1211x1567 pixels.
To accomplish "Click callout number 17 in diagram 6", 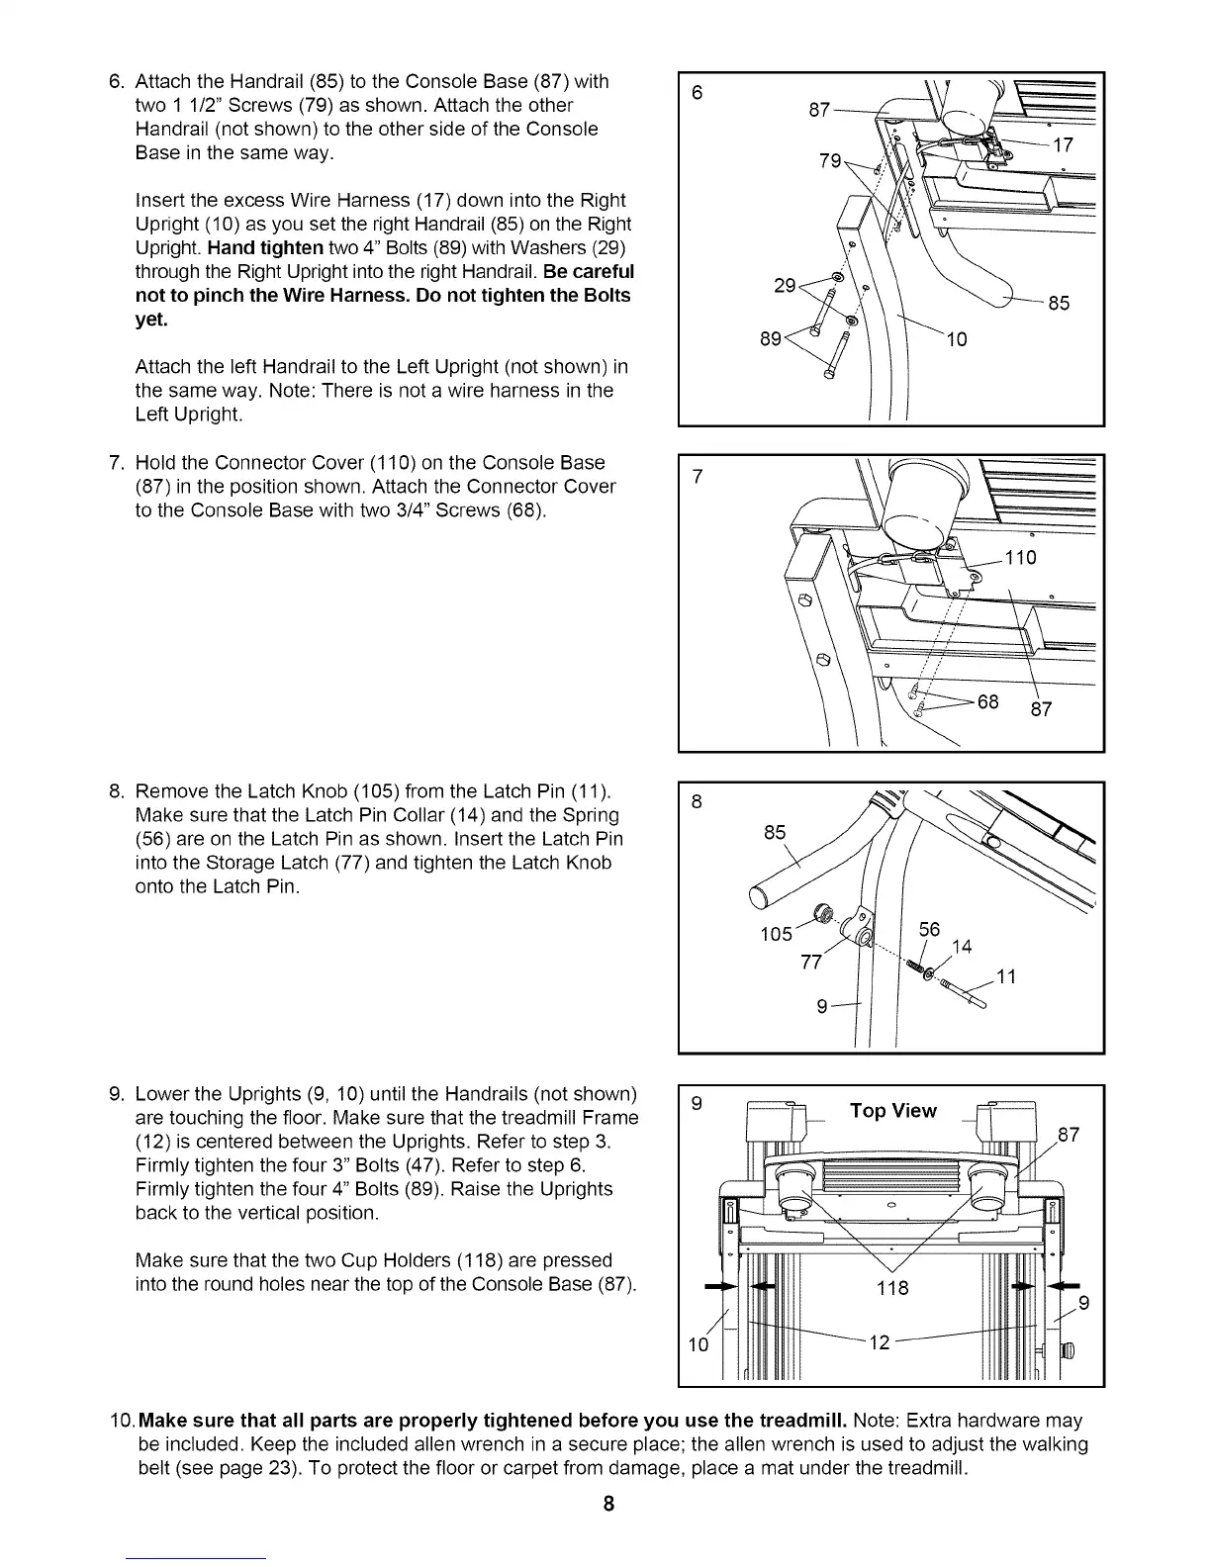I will click(1063, 146).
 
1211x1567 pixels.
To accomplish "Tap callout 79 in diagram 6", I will click(830, 160).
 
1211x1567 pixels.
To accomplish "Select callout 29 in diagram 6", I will click(785, 286).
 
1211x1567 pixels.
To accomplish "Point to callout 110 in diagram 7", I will click(1019, 558).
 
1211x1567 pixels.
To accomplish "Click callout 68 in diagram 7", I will click(987, 702).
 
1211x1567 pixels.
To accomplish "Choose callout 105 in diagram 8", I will click(776, 934).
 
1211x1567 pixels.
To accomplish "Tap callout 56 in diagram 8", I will click(929, 930).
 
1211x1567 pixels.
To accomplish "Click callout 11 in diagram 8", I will click(1006, 977).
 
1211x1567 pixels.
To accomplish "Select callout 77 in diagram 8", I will click(811, 963).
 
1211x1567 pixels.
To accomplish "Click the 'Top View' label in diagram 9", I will click(892, 1111).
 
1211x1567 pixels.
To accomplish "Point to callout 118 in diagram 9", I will click(893, 1288).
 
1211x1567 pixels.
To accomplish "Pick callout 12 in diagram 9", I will click(880, 1341).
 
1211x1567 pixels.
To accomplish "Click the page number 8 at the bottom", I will click(608, 1505).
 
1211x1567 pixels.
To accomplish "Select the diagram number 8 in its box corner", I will click(697, 801).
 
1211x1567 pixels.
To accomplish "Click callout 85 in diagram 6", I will click(1059, 304).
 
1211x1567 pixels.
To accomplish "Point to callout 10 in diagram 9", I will click(699, 1344).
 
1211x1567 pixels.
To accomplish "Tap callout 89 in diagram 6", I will click(771, 339).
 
